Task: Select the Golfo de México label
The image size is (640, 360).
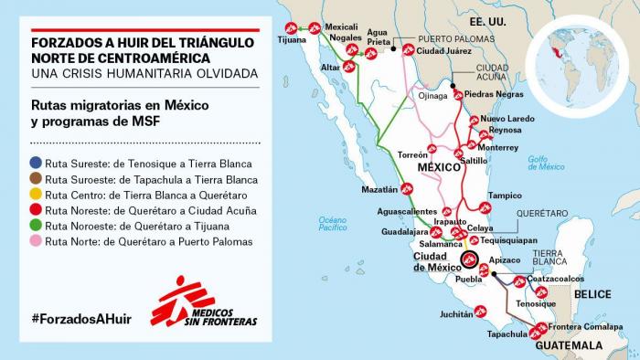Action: pos(546,163)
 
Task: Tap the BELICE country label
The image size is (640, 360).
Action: pos(593,294)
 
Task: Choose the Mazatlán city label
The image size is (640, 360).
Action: pos(379,190)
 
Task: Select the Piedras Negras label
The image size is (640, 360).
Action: pos(495,94)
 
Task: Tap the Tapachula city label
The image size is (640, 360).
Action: pos(507,334)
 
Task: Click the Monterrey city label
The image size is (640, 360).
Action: pos(498,147)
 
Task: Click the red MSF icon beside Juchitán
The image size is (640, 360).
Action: pos(481,312)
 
